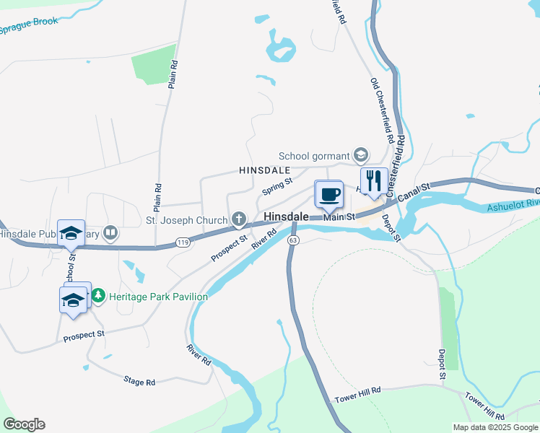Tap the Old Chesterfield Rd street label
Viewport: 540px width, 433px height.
tap(382, 109)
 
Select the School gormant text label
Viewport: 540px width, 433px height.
tap(313, 156)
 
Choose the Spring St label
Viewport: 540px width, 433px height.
tap(276, 186)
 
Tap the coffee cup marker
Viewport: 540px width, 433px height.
tap(328, 193)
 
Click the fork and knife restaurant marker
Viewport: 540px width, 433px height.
tap(373, 180)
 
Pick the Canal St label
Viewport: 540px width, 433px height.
tap(414, 193)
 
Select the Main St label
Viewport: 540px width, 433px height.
tap(339, 216)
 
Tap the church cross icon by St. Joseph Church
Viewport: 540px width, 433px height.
tap(238, 219)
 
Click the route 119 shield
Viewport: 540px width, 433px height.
tap(182, 244)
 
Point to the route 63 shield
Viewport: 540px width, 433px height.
tap(292, 240)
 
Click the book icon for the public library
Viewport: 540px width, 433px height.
tap(110, 232)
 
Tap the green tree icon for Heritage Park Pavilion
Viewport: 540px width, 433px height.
tap(98, 296)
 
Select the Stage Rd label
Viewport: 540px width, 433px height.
tap(139, 380)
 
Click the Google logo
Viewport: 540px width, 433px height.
tap(24, 424)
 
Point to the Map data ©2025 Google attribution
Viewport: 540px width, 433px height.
tap(495, 427)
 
